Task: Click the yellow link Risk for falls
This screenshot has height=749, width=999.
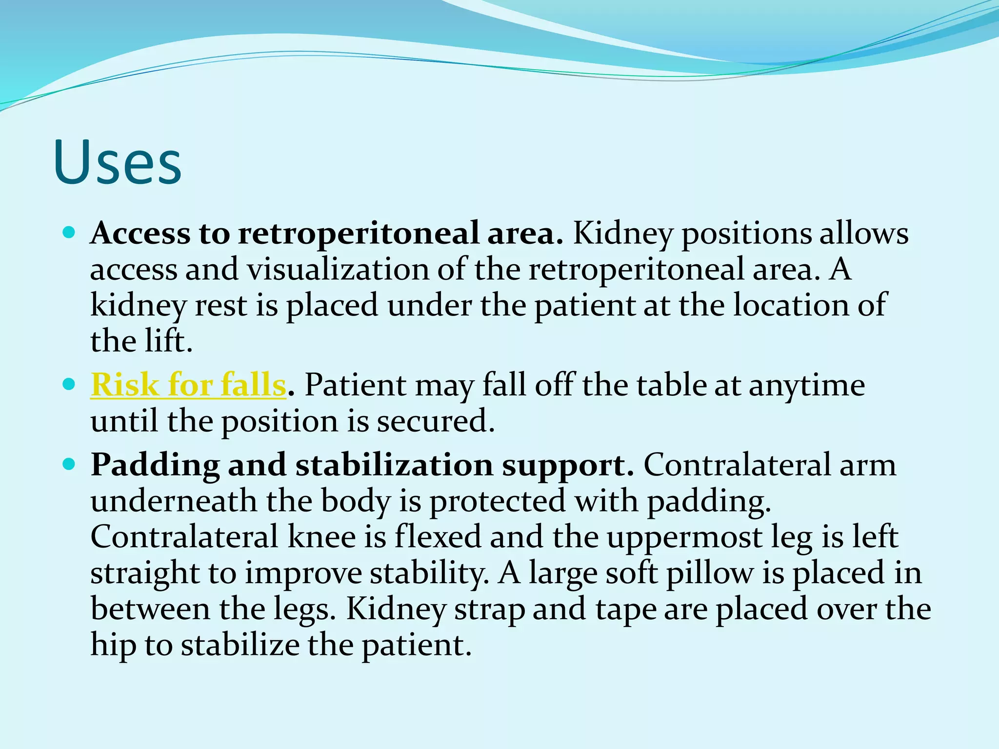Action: pyautogui.click(x=188, y=385)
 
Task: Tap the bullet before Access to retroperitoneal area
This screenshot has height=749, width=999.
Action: pyautogui.click(x=69, y=232)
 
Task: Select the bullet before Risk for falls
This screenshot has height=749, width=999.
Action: pyautogui.click(x=69, y=384)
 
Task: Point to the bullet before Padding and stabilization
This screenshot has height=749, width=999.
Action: pyautogui.click(x=69, y=464)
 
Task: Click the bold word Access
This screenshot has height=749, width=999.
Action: pyautogui.click(x=140, y=233)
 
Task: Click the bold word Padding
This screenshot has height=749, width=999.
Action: pyautogui.click(x=155, y=465)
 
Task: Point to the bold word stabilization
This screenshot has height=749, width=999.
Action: pyautogui.click(x=394, y=465)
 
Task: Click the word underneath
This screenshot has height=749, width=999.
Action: pyautogui.click(x=173, y=501)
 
